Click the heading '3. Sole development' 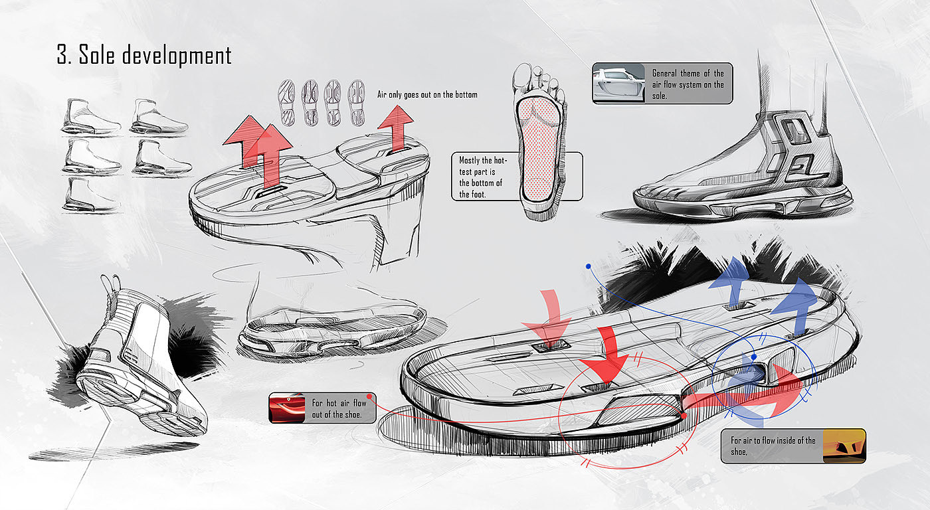coord(144,55)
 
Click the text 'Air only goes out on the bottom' coord(427,95)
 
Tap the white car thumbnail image coord(618,84)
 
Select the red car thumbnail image coord(286,408)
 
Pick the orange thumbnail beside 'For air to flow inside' coord(844,446)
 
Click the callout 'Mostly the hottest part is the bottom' coord(483,177)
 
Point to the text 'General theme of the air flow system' coord(688,84)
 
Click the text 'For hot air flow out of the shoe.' coord(338,408)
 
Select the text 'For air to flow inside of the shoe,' coord(773,446)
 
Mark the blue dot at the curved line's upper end coord(588,266)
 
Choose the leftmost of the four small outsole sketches coord(288,102)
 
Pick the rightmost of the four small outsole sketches coord(356,102)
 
